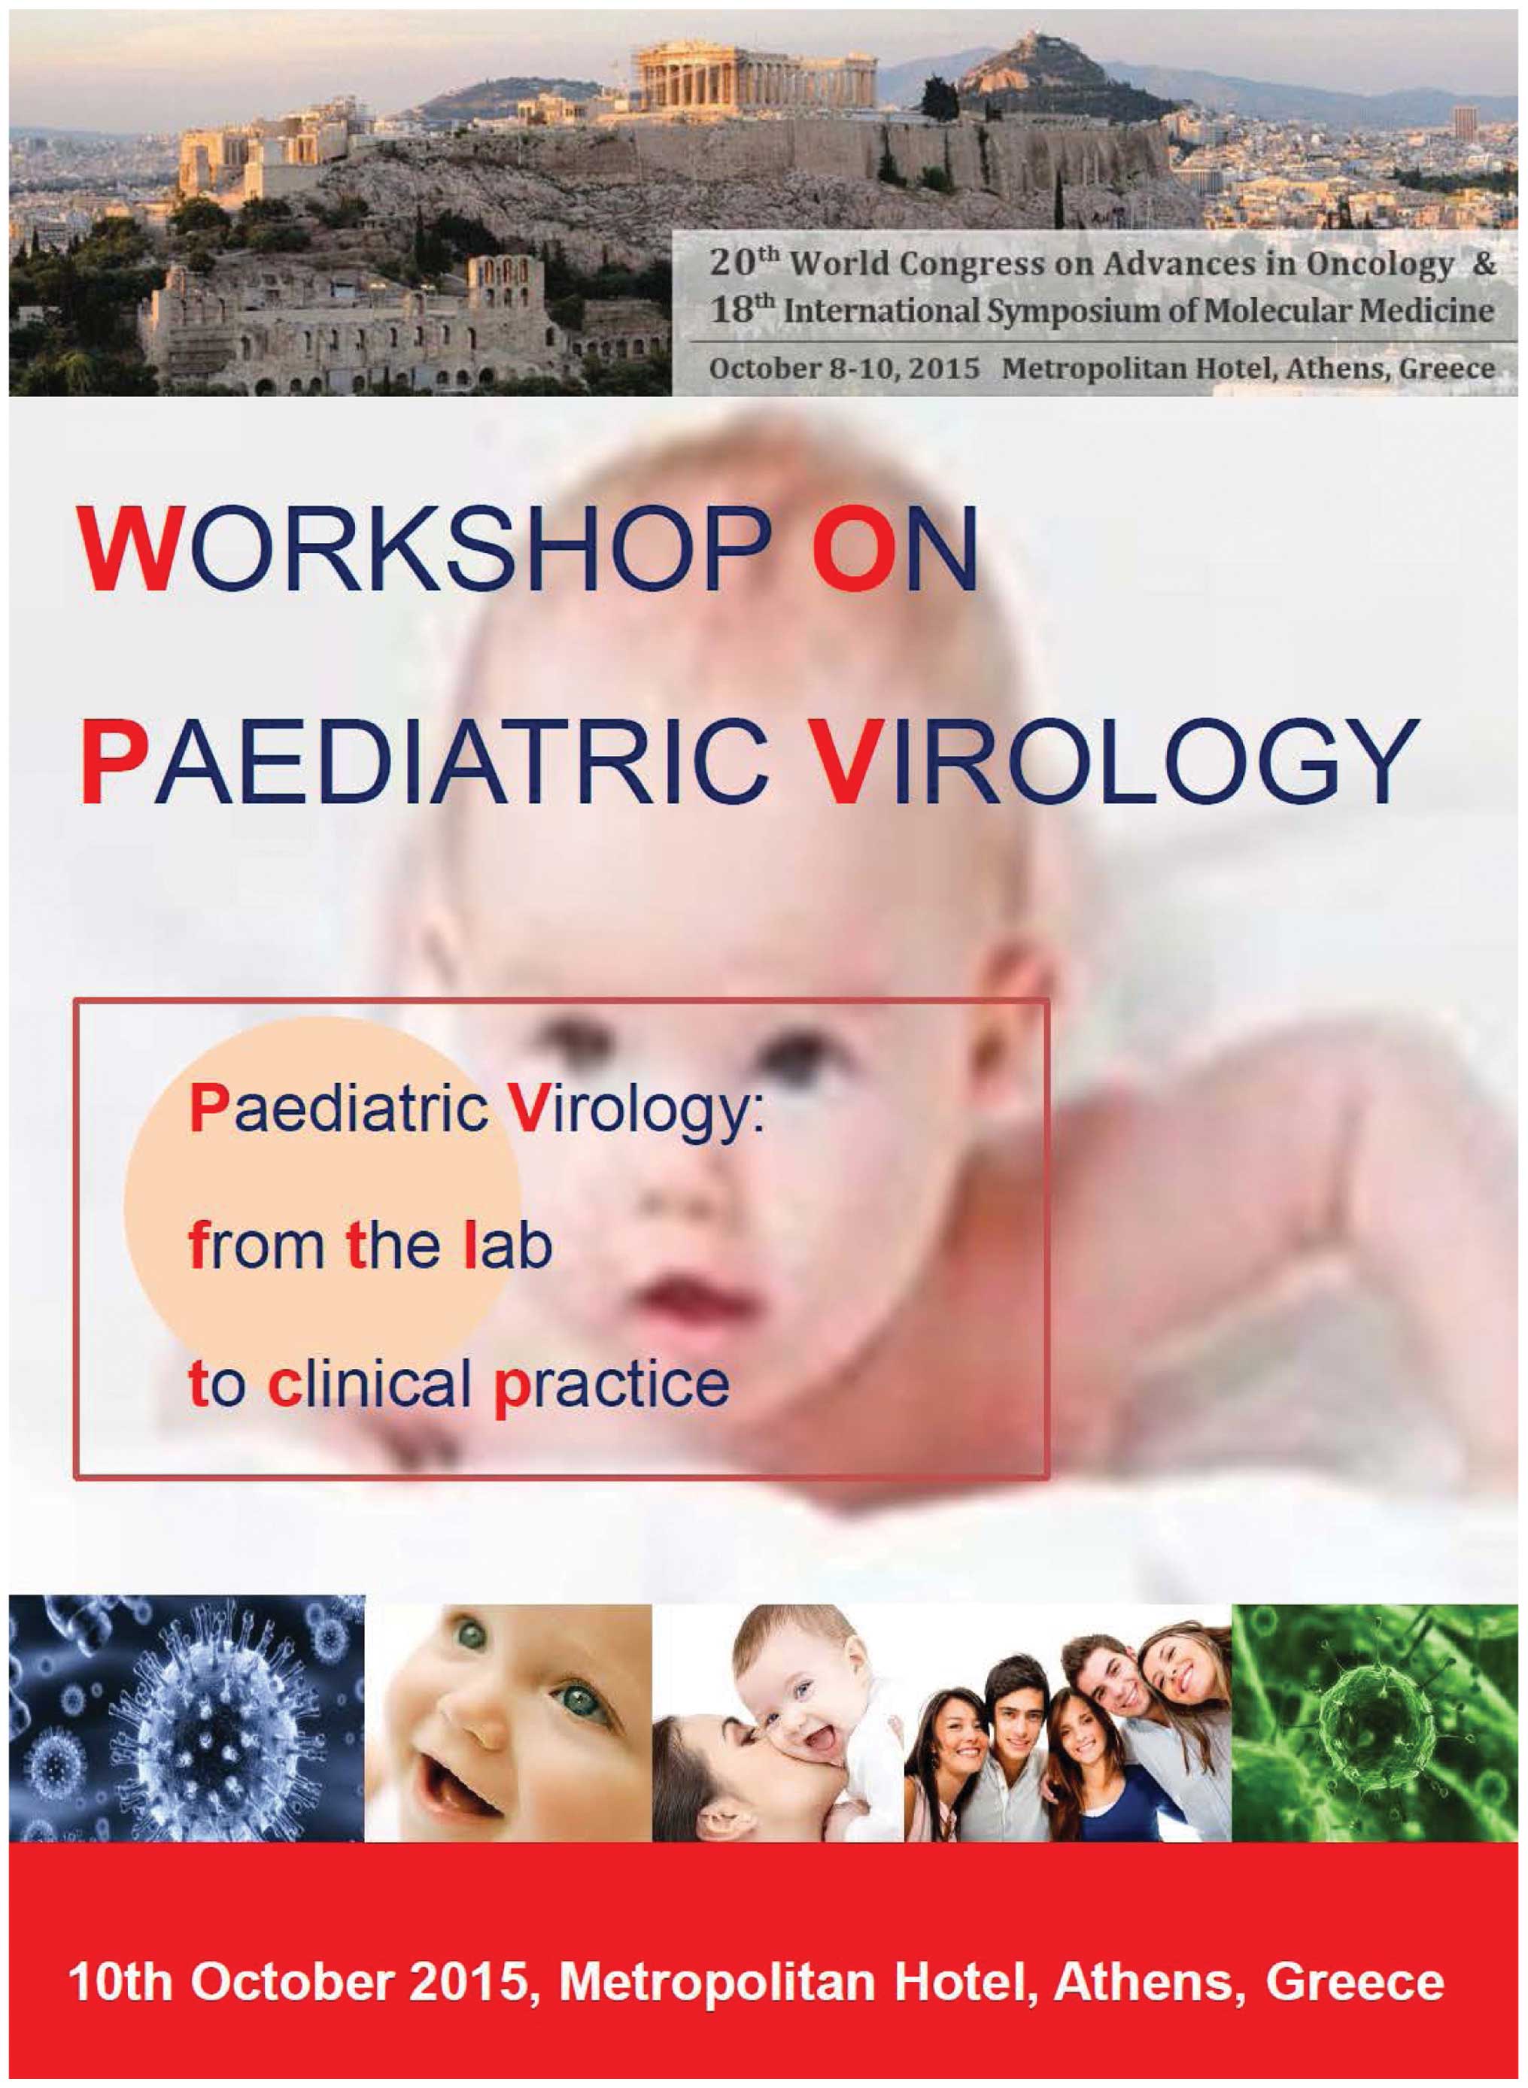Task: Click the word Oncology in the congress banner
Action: (1379, 266)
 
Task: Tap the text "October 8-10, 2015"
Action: (844, 368)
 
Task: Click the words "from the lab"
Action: (370, 1246)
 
